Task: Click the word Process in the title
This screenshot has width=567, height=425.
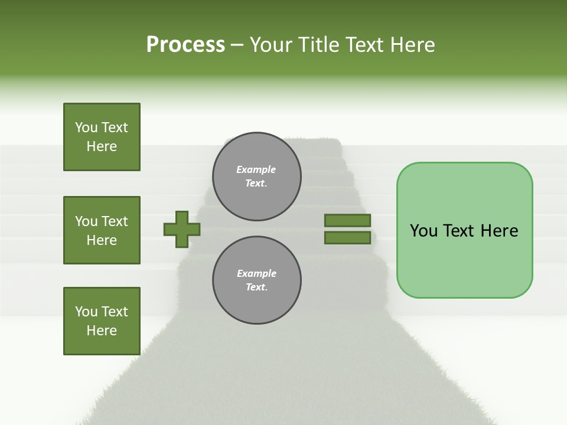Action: (x=185, y=45)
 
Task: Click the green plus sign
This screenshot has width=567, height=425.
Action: (x=182, y=229)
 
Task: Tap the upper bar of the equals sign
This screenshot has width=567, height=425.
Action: (x=347, y=220)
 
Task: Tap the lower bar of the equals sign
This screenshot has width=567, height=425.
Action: (x=347, y=238)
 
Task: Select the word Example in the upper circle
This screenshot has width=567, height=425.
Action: (x=256, y=169)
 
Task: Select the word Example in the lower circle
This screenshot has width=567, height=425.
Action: (x=256, y=273)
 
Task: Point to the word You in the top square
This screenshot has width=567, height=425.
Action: (x=86, y=127)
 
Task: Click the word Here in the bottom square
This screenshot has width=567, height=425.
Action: (x=102, y=331)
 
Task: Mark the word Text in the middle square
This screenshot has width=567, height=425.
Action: (x=115, y=221)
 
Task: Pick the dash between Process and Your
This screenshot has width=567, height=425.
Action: (x=237, y=45)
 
